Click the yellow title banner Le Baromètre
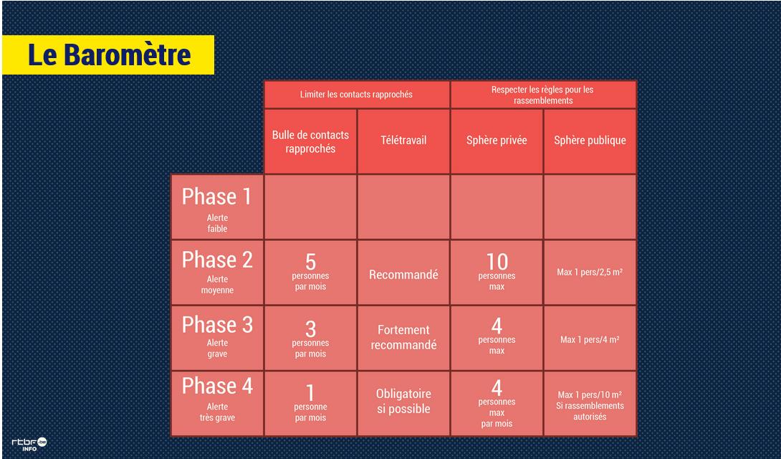[x=108, y=55]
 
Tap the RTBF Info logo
[x=29, y=443]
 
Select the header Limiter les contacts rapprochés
[x=356, y=94]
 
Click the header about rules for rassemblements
[x=543, y=95]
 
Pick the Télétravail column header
[x=403, y=141]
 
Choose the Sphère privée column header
[x=497, y=141]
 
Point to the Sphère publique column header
[x=590, y=141]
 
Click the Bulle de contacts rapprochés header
[x=310, y=141]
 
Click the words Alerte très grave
[x=217, y=412]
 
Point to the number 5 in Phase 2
[x=310, y=262]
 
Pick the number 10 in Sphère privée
[x=497, y=262]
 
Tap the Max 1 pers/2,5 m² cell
[x=590, y=272]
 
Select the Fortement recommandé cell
[x=403, y=337]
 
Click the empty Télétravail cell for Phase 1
[x=403, y=207]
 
